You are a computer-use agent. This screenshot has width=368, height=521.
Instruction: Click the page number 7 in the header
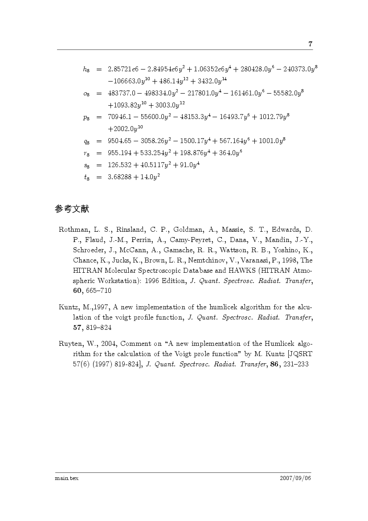310,44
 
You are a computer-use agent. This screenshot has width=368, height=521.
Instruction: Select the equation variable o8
86,94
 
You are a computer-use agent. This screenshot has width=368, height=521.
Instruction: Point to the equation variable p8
86,117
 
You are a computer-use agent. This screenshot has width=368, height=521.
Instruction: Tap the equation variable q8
86,141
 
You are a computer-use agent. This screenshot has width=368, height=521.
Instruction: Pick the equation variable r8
86,153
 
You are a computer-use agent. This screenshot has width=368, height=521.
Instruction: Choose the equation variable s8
86,165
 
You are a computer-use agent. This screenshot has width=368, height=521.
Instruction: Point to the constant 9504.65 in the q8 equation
120,141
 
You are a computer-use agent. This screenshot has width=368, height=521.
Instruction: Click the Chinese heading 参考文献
73,209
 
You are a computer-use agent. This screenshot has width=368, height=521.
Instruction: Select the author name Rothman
74,230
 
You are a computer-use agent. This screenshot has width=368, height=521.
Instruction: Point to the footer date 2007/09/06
295,478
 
